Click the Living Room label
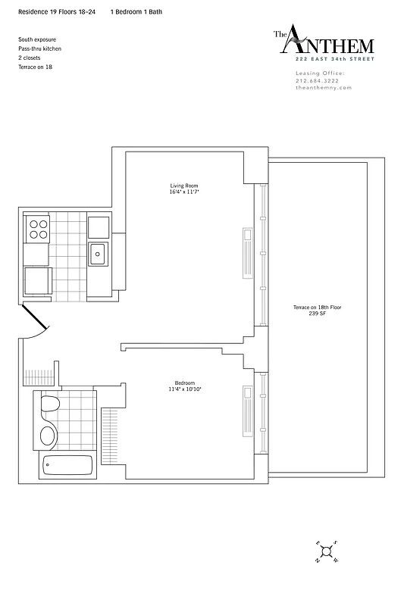pos(184,186)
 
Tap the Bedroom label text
pos(184,383)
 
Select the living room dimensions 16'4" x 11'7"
pos(184,192)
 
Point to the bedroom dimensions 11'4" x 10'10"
pos(184,389)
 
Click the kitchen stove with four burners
pos(38,229)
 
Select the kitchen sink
pos(99,254)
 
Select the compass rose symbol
pos(325,552)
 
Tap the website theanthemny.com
pos(323,88)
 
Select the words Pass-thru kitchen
pos(39,48)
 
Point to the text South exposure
pos(36,39)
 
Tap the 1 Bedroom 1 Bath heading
pos(136,13)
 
